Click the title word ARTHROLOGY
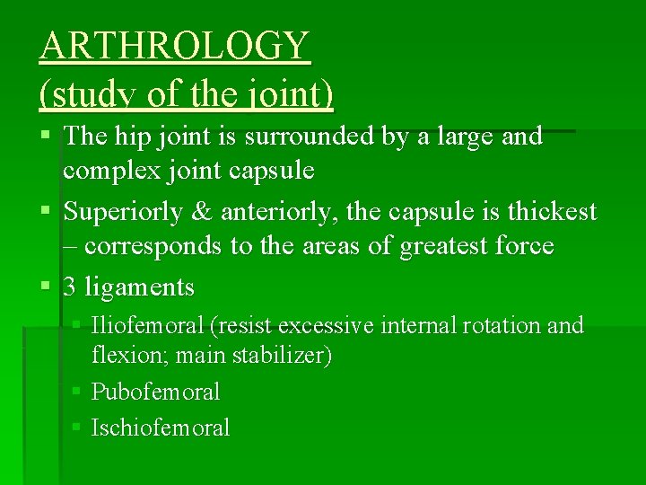pyautogui.click(x=175, y=45)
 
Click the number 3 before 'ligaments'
pyautogui.click(x=70, y=287)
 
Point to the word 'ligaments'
pyautogui.click(x=139, y=287)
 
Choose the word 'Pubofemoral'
pyautogui.click(x=156, y=392)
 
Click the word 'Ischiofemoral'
pyautogui.click(x=161, y=428)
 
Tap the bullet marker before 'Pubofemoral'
pyautogui.click(x=78, y=392)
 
